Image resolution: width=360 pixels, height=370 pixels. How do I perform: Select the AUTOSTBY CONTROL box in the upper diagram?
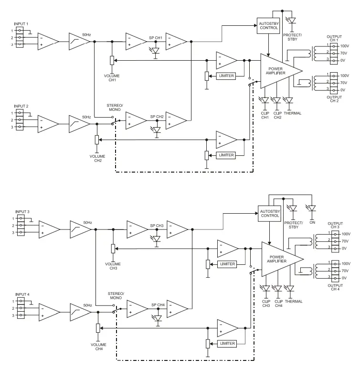click(269, 25)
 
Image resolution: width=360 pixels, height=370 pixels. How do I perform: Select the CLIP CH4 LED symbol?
click(278, 288)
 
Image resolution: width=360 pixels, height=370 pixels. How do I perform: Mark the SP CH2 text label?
click(157, 117)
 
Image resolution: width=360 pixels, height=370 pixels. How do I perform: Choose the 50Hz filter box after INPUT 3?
click(80, 229)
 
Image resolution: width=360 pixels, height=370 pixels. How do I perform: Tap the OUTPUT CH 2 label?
click(334, 98)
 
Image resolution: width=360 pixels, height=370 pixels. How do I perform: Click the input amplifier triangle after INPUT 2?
click(48, 123)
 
